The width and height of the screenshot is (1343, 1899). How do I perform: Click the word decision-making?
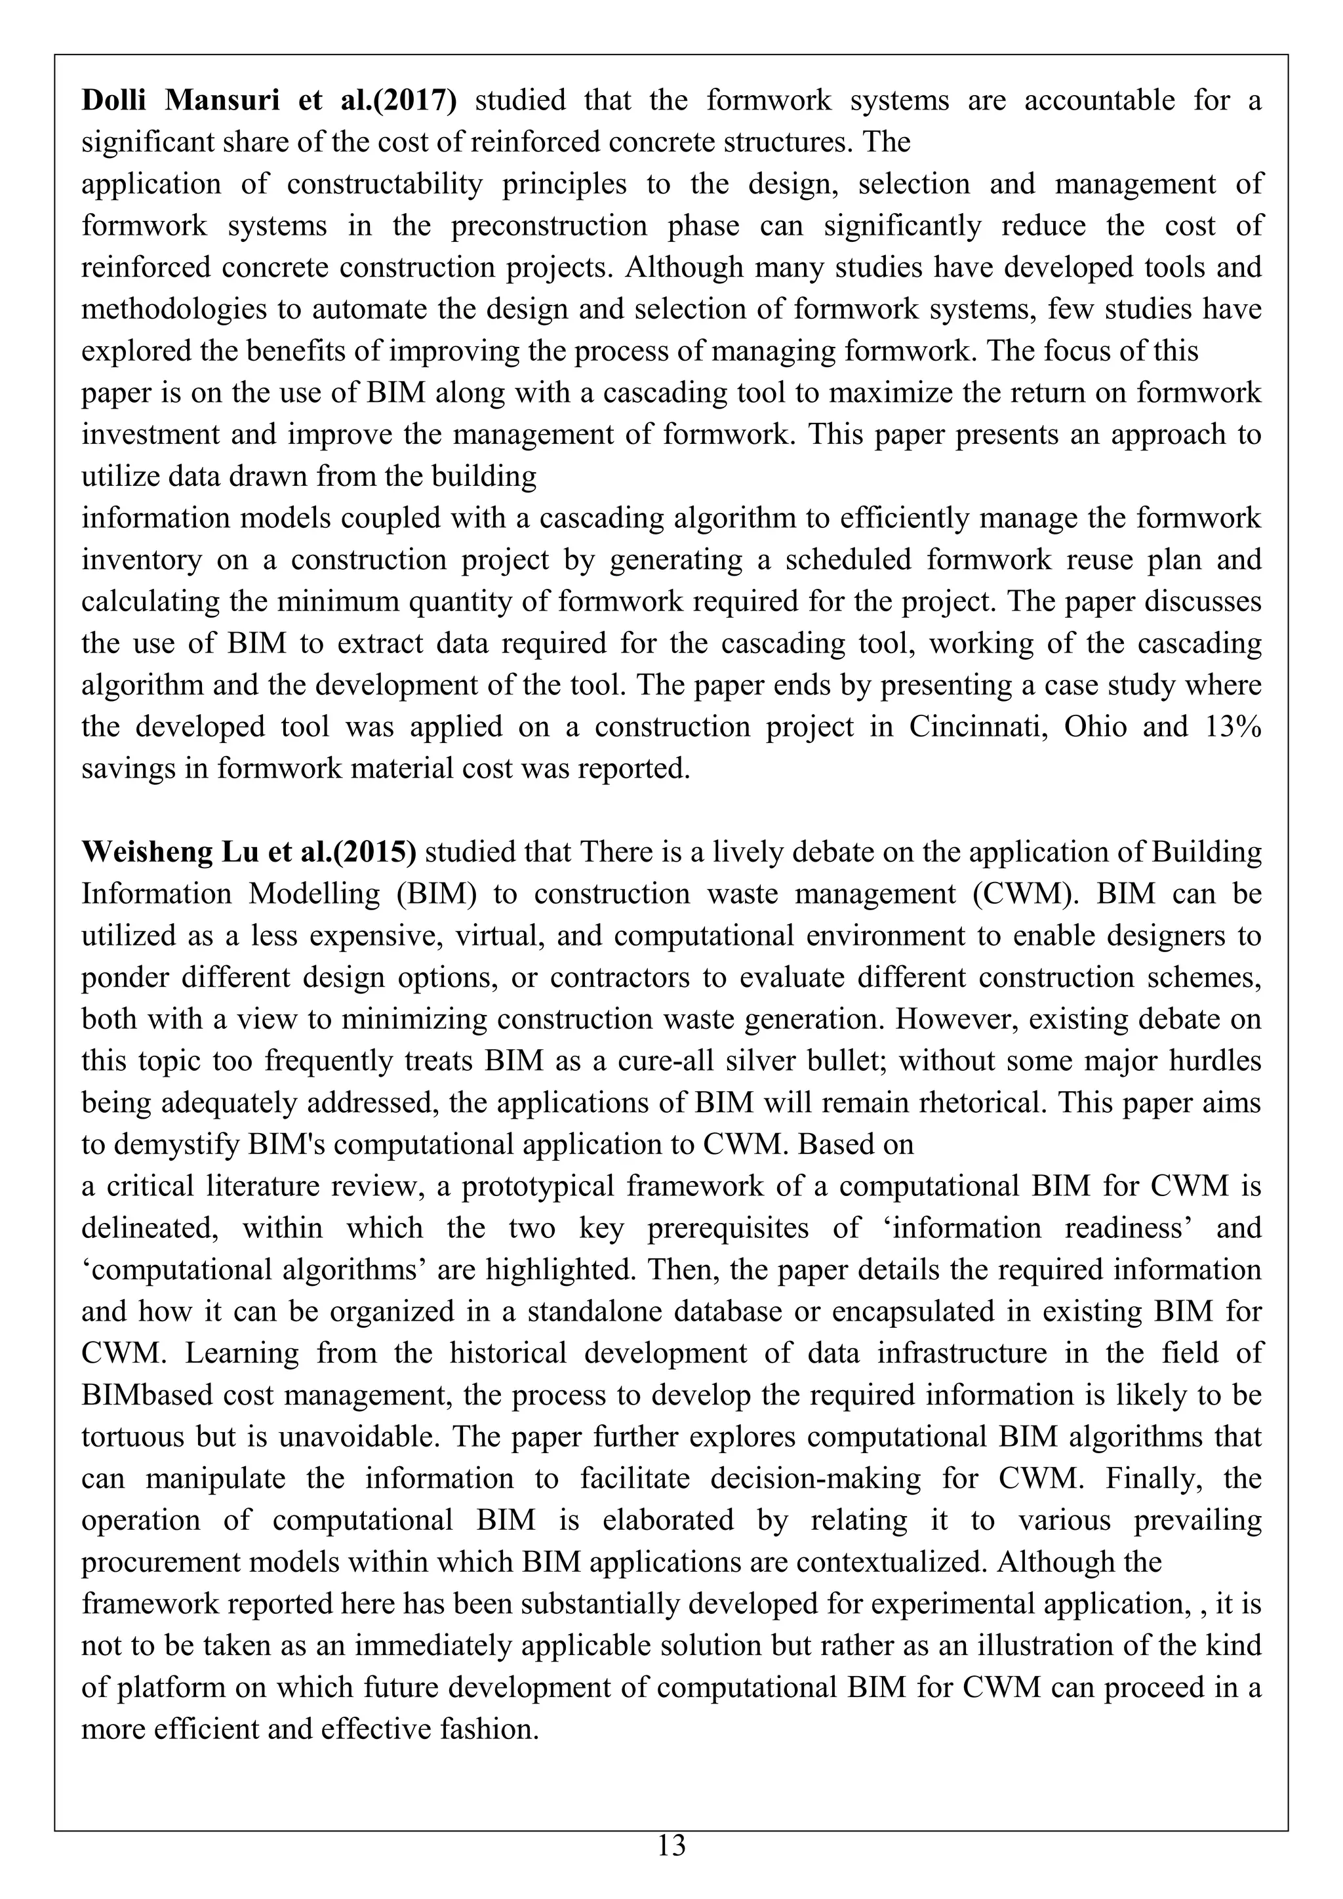coord(811,1478)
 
